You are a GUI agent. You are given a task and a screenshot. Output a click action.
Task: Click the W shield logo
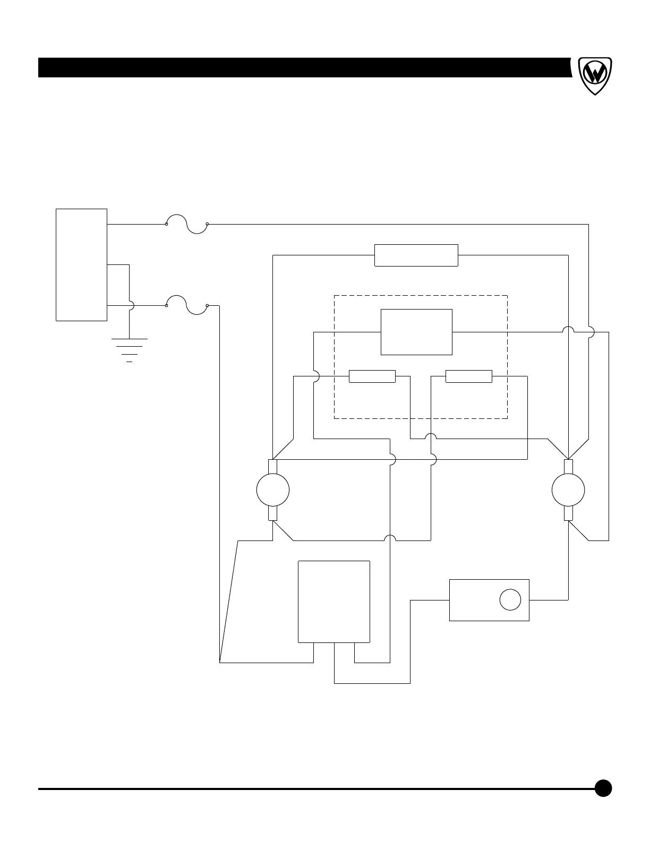(594, 75)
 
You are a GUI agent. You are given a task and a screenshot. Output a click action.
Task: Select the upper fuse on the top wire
(186, 224)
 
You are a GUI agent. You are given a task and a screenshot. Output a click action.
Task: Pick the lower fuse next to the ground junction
(186, 306)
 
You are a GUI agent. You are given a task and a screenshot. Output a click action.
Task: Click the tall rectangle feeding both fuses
(81, 265)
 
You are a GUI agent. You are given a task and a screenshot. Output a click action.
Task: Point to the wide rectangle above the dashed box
(416, 255)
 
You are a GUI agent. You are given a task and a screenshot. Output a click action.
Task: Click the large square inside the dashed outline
(416, 332)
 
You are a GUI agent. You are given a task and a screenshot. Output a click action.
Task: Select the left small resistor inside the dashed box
(372, 376)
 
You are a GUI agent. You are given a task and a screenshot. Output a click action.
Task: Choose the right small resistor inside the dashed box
(468, 376)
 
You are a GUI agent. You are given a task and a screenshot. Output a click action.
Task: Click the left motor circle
(272, 490)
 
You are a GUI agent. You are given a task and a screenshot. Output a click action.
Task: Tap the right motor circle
(568, 490)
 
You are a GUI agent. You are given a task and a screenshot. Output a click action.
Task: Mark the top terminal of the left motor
(272, 467)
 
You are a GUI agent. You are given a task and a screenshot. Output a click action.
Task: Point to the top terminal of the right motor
(568, 467)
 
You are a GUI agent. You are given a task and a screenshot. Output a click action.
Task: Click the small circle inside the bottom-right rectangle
(510, 600)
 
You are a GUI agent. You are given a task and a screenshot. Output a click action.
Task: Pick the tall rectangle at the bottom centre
(333, 601)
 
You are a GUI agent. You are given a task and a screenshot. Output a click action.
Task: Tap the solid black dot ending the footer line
(603, 788)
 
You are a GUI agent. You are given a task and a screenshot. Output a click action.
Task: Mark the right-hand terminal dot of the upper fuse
(207, 224)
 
